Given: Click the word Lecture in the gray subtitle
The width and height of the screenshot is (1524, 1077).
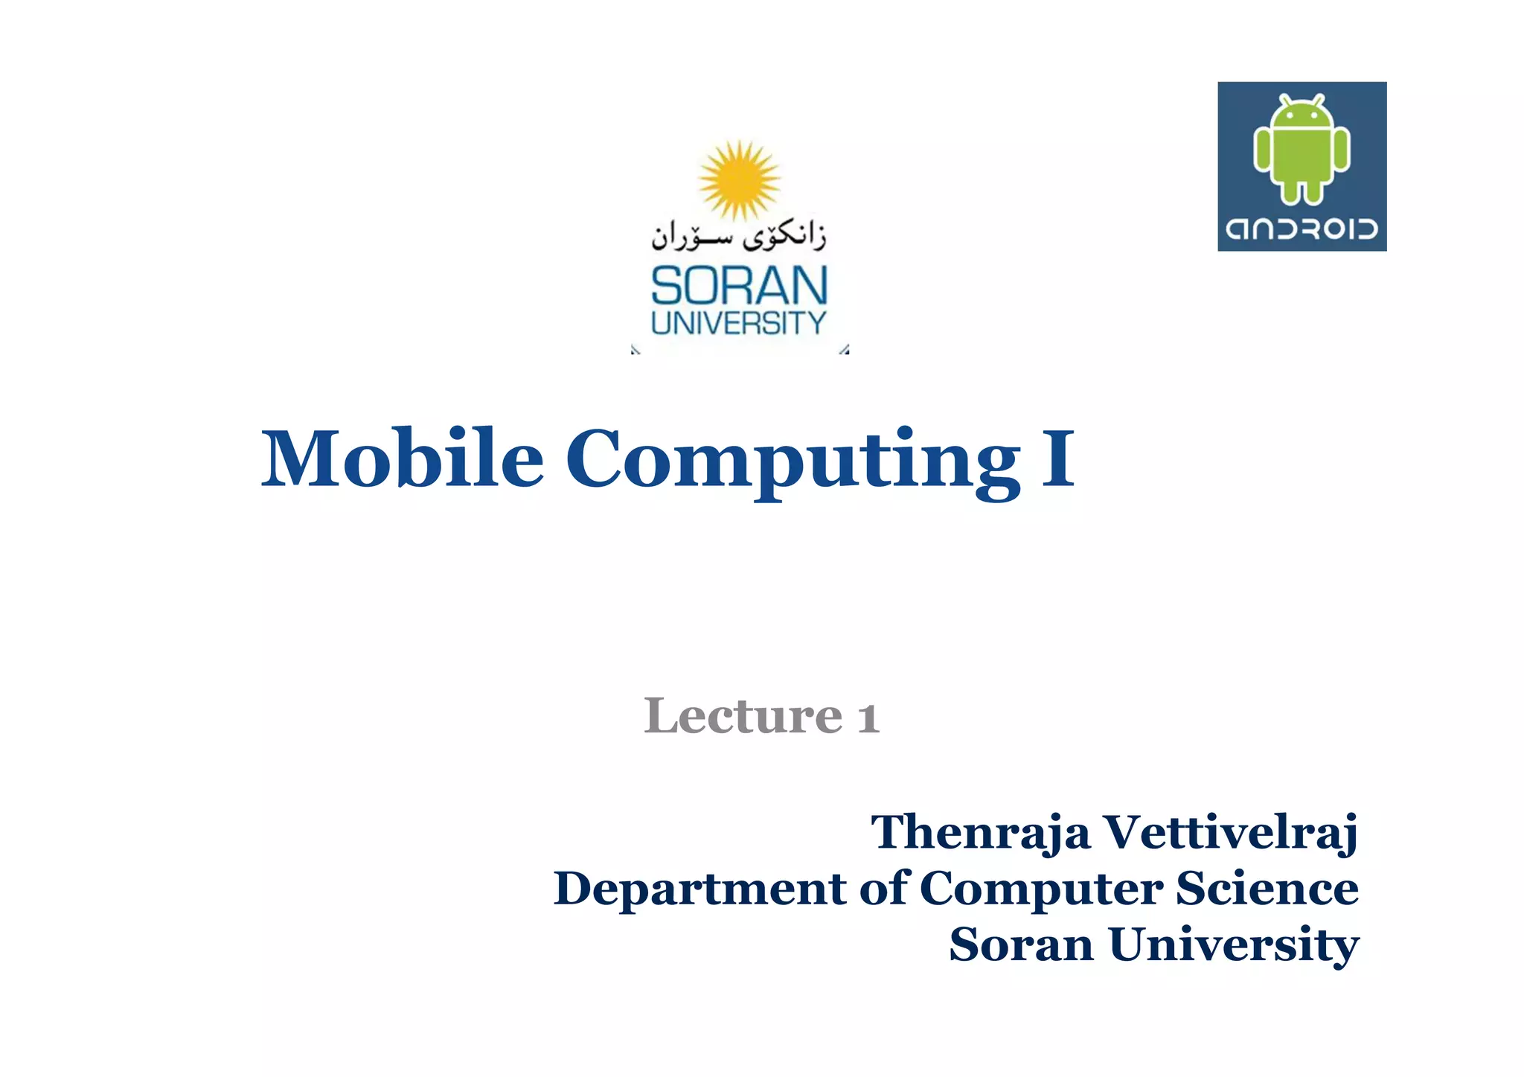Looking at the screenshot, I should pyautogui.click(x=743, y=716).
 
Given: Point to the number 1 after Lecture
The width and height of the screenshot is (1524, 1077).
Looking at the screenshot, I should pyautogui.click(x=868, y=718).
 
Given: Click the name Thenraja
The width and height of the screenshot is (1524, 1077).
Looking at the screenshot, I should pyautogui.click(x=980, y=831).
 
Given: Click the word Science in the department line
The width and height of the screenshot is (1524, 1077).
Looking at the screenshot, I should pyautogui.click(x=1267, y=888).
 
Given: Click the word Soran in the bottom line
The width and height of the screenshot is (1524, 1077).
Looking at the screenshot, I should pyautogui.click(x=1021, y=945).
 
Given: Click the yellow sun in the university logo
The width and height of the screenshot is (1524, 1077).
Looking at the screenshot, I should pyautogui.click(x=739, y=179).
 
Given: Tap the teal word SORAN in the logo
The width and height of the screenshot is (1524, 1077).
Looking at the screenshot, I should pyautogui.click(x=739, y=287).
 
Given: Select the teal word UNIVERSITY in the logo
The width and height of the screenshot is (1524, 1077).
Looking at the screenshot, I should pyautogui.click(x=739, y=323).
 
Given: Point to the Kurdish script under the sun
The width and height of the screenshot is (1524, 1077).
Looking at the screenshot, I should pyautogui.click(x=739, y=237).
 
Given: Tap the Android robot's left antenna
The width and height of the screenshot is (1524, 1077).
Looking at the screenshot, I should pyautogui.click(x=1284, y=98).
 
